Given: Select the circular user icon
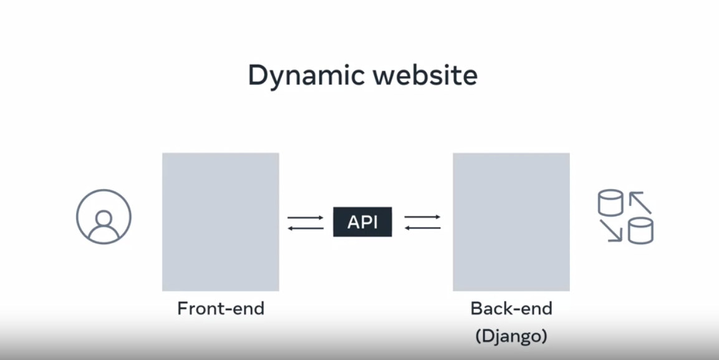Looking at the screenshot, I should (104, 217).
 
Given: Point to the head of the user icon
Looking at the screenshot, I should (104, 218).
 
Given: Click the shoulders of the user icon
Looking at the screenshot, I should (104, 234).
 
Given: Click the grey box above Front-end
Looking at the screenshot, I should (220, 221).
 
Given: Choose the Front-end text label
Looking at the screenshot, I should (221, 308).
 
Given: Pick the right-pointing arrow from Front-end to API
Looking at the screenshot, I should (306, 217).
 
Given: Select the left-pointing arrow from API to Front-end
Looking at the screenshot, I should (306, 228).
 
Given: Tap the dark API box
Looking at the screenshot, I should (362, 222).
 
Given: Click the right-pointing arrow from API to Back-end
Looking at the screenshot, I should (423, 217).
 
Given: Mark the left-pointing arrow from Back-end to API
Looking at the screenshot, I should (423, 228).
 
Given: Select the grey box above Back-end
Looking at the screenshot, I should (511, 221).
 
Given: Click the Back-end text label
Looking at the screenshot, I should (511, 308).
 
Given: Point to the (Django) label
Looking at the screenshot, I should (511, 336).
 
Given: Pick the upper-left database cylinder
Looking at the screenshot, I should (610, 203).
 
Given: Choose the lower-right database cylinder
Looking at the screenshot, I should (640, 231).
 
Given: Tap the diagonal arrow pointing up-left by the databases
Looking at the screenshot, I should (640, 203).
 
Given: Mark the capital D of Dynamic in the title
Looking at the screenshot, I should (258, 75).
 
